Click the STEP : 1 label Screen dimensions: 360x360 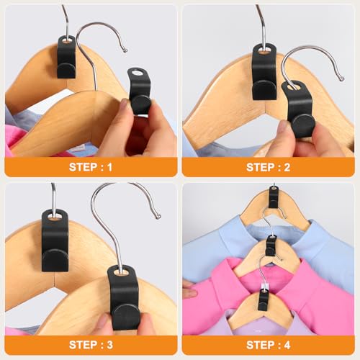click(x=90, y=167)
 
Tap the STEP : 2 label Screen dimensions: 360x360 click(x=269, y=167)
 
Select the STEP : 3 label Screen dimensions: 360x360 click(x=90, y=345)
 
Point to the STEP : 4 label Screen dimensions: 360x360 click(x=269, y=345)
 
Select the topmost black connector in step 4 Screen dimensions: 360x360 click(x=274, y=195)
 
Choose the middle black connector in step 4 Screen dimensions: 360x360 click(x=271, y=244)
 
